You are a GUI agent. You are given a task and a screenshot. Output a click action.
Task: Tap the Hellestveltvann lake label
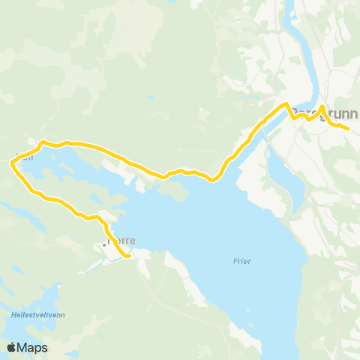(x=37, y=316)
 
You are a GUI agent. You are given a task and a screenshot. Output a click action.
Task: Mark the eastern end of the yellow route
(x=349, y=129)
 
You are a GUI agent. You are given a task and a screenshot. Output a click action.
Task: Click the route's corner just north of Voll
(x=42, y=141)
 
